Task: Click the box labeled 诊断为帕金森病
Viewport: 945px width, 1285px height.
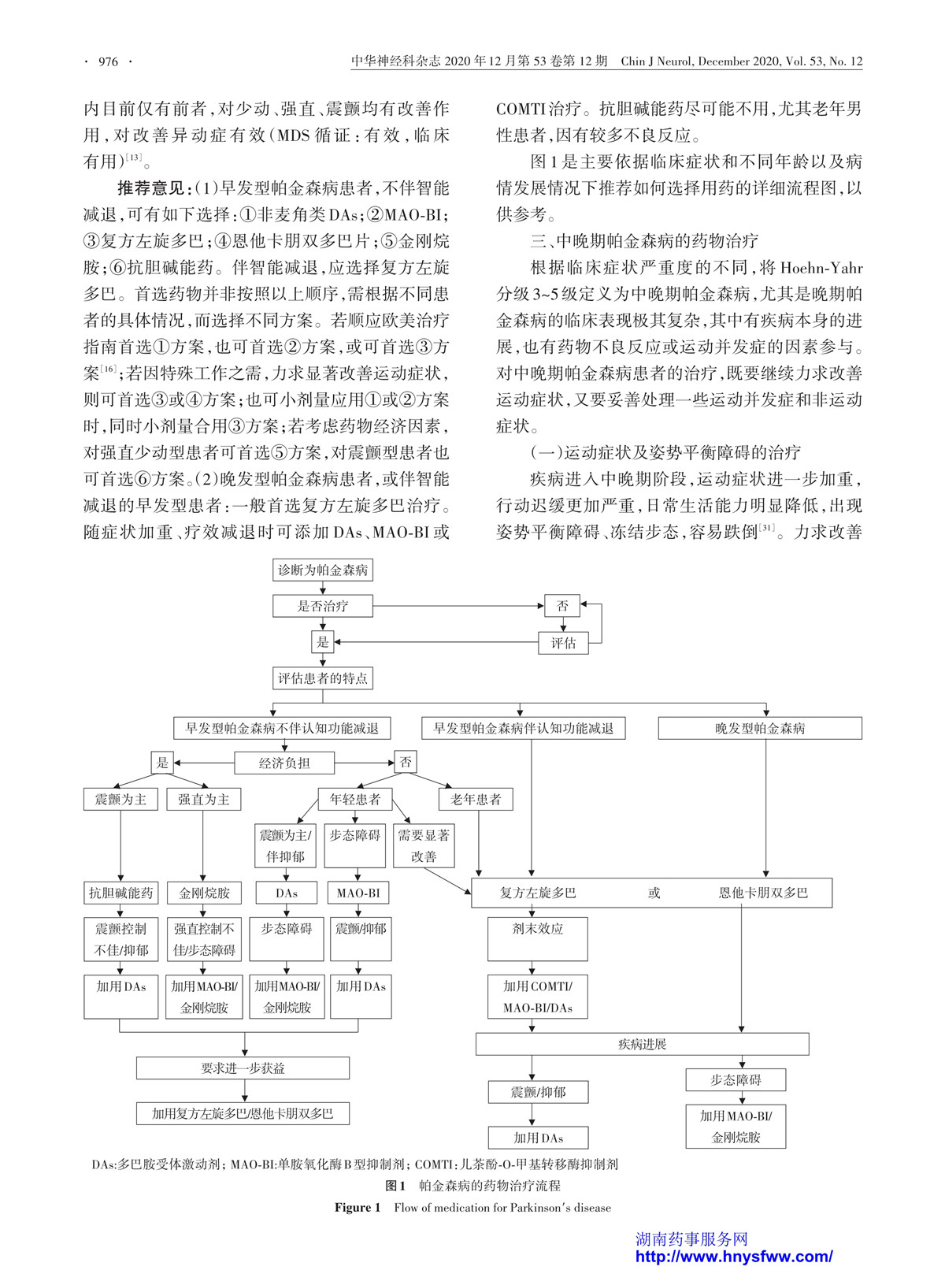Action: (x=322, y=570)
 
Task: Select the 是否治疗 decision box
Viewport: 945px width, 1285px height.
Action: (x=322, y=606)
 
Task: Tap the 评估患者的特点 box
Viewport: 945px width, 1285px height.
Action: (x=322, y=678)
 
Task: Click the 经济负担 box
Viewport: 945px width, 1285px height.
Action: (x=283, y=763)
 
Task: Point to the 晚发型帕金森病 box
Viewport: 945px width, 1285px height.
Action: (x=760, y=728)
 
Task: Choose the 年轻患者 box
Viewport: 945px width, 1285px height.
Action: (x=355, y=799)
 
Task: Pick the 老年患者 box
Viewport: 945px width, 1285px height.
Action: (x=476, y=799)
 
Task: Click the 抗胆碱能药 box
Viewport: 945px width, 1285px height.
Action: (x=120, y=893)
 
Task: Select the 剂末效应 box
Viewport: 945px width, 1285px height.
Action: (x=537, y=939)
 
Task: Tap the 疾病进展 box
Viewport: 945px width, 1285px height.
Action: (x=643, y=1044)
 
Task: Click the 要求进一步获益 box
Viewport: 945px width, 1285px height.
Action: (x=243, y=1068)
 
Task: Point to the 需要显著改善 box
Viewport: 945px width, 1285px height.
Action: (x=424, y=845)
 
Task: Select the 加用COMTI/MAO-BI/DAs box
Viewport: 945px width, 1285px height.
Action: (x=537, y=997)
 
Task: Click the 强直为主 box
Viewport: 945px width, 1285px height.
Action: (x=203, y=799)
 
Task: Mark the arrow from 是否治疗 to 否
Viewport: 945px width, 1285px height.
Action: (x=458, y=606)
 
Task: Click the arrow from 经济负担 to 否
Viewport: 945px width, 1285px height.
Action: (x=364, y=763)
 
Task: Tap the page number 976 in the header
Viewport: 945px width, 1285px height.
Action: (x=108, y=62)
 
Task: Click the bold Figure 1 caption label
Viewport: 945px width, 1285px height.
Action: (x=358, y=1208)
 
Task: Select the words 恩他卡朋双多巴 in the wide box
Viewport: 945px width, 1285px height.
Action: (x=763, y=893)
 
